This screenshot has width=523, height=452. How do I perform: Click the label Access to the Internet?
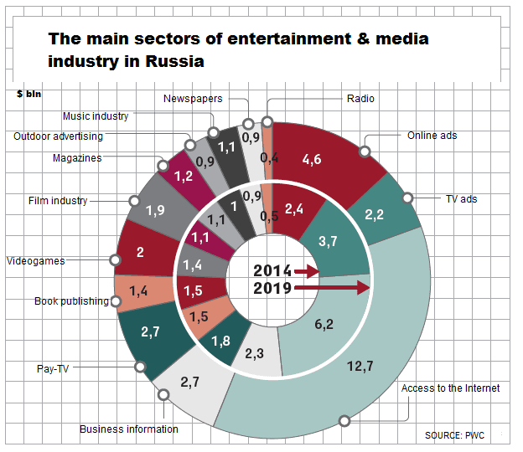click(x=450, y=388)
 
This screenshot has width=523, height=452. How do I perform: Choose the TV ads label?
click(x=460, y=199)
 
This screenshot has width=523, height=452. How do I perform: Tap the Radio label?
click(x=360, y=99)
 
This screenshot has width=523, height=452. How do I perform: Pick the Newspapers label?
click(x=194, y=99)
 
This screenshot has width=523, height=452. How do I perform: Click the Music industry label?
click(x=96, y=116)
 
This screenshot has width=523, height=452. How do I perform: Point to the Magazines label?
click(x=77, y=157)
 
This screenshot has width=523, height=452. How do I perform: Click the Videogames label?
click(x=36, y=261)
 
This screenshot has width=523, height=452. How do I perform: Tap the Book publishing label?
click(x=71, y=301)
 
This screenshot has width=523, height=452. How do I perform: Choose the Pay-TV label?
click(x=53, y=367)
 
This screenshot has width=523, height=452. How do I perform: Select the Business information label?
click(x=129, y=429)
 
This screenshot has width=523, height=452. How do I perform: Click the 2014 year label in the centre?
click(x=273, y=271)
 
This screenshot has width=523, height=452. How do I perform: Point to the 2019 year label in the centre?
click(x=273, y=289)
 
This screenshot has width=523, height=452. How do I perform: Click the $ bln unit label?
click(x=28, y=94)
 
